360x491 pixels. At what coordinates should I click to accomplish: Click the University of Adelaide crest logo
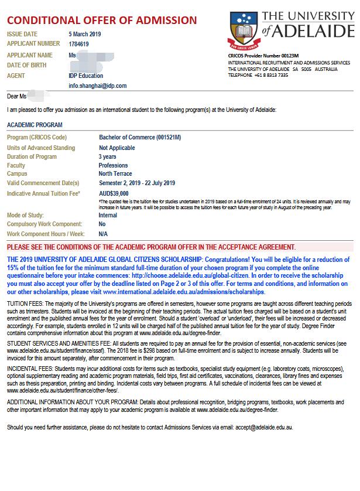tap(243, 30)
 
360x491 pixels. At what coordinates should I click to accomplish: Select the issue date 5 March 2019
tap(84, 34)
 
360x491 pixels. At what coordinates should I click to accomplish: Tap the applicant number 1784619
tap(79, 43)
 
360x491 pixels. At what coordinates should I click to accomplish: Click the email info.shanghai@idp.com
tap(97, 86)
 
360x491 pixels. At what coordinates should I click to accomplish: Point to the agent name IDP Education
tap(85, 76)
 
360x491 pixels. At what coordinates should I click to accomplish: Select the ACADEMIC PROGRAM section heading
tap(35, 125)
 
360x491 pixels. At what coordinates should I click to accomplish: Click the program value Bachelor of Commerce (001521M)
tap(140, 137)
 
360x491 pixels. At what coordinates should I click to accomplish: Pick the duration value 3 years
tap(107, 157)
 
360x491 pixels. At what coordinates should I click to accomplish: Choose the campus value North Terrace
tap(115, 174)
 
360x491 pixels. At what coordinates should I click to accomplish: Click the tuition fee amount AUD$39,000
tap(114, 193)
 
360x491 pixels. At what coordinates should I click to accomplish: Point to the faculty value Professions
tap(113, 166)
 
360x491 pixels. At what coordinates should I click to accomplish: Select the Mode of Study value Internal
tap(108, 215)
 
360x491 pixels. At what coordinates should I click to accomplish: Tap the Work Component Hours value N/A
tap(103, 233)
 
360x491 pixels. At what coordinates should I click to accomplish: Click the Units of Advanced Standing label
tap(41, 148)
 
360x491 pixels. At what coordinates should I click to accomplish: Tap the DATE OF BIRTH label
tap(26, 65)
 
